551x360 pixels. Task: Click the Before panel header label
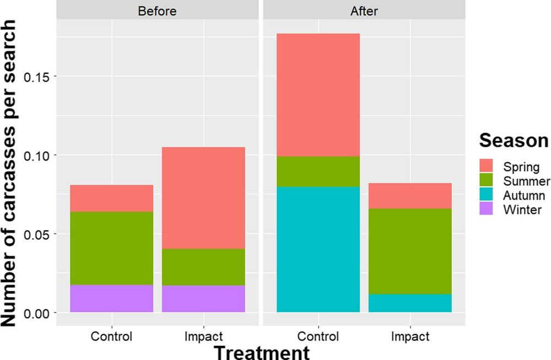tap(158, 10)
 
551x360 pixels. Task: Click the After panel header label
tap(364, 10)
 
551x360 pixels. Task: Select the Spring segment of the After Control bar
tap(318, 95)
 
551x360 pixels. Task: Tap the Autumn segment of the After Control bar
tap(318, 249)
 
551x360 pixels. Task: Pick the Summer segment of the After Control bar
tap(318, 171)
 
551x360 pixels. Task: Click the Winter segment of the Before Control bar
tap(112, 298)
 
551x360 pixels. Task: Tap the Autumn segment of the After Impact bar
tap(410, 303)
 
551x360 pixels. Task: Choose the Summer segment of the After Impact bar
tap(410, 251)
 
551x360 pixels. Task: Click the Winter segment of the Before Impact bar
tap(203, 298)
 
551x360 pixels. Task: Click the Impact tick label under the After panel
tap(410, 336)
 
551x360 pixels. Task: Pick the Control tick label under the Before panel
tap(112, 336)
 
